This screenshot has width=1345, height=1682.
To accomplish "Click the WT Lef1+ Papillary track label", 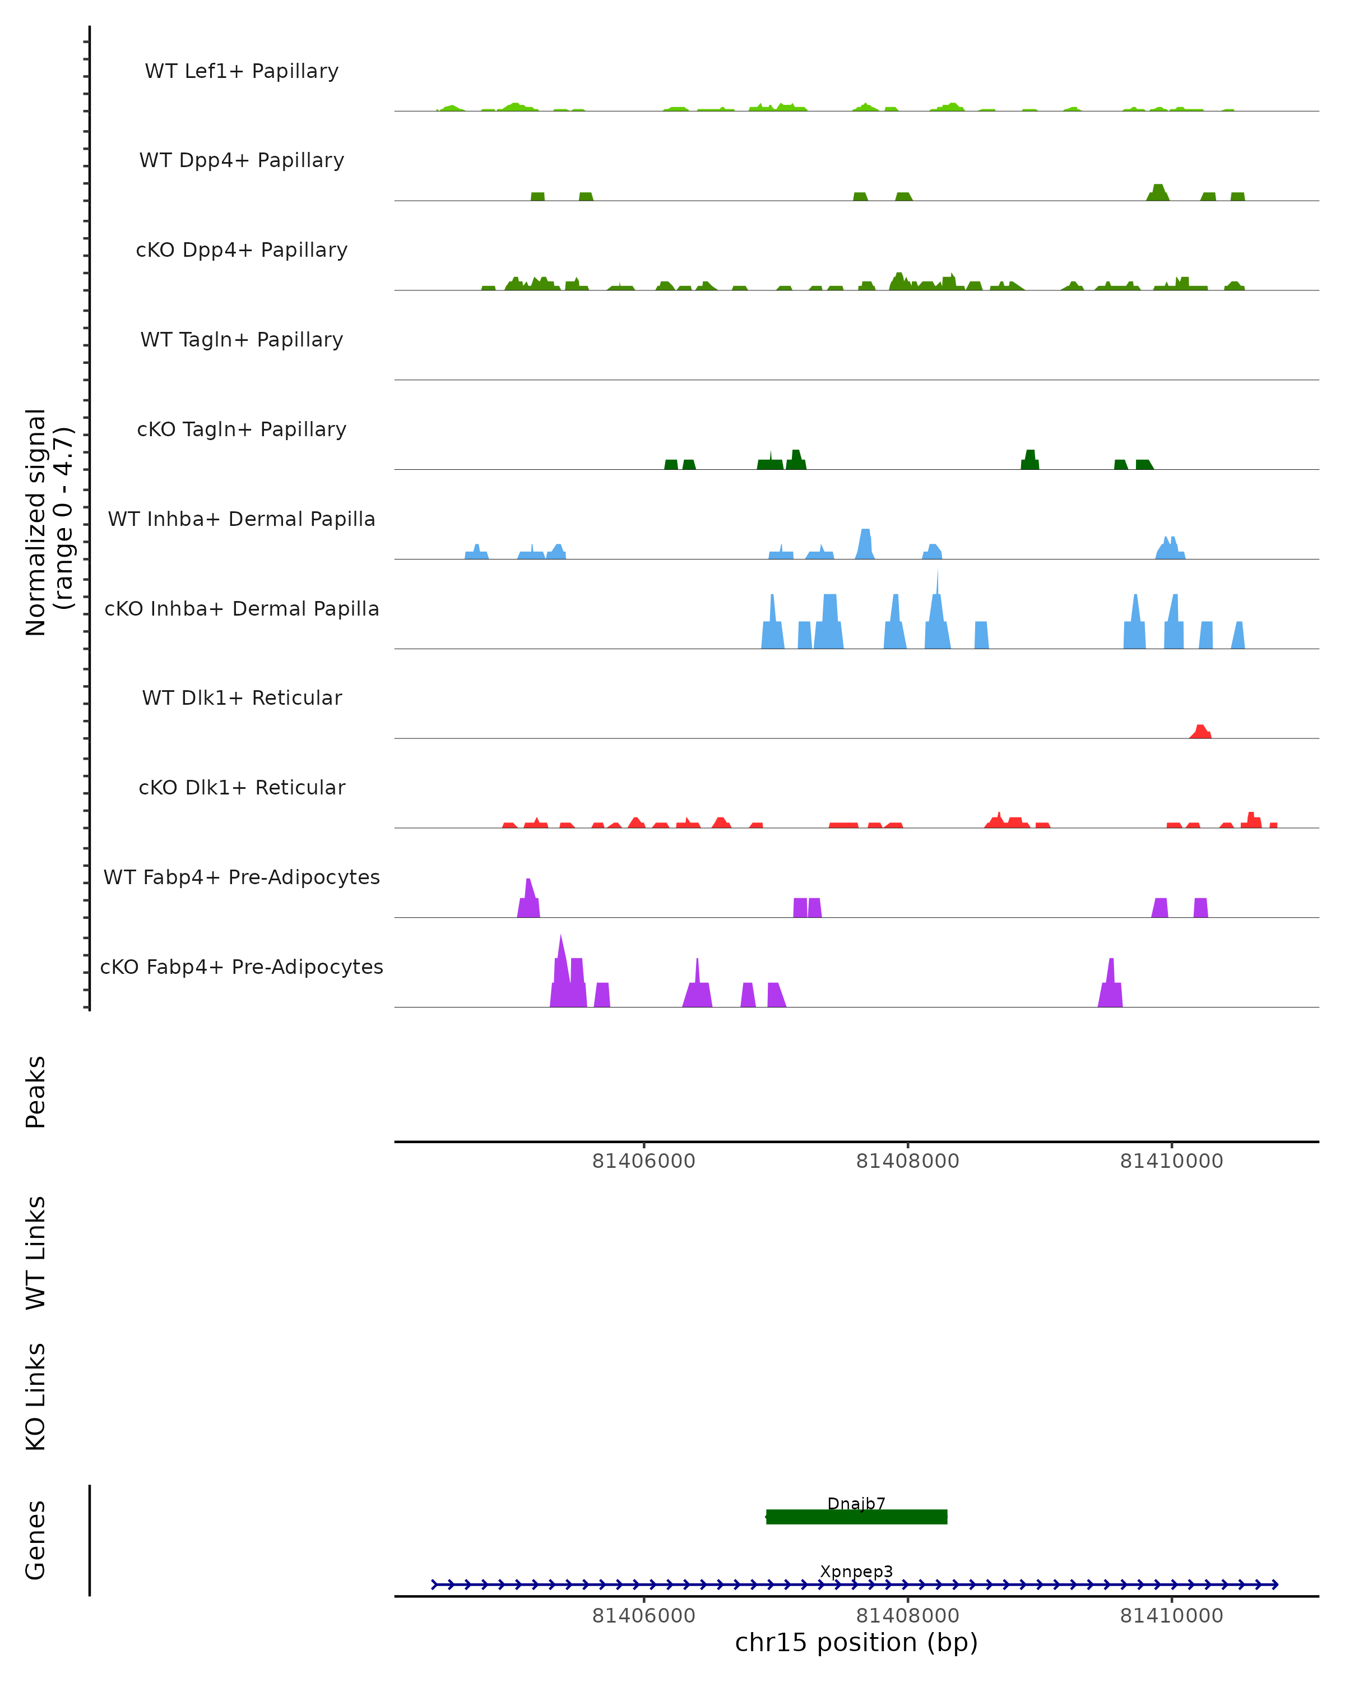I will tap(242, 71).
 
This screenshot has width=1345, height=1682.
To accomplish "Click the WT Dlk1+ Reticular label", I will tap(242, 697).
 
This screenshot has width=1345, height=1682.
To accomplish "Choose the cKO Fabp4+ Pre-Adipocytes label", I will tap(242, 967).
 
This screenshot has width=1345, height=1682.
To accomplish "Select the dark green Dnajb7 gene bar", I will tap(856, 1517).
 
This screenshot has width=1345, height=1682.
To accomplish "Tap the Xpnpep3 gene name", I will tap(856, 1571).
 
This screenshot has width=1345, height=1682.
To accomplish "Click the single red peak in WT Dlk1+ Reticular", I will tap(1200, 731).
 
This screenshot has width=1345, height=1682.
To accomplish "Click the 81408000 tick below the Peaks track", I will tap(907, 1161).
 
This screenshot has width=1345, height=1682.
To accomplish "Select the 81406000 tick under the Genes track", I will tap(643, 1616).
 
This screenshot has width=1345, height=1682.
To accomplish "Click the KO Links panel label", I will tap(36, 1397).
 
